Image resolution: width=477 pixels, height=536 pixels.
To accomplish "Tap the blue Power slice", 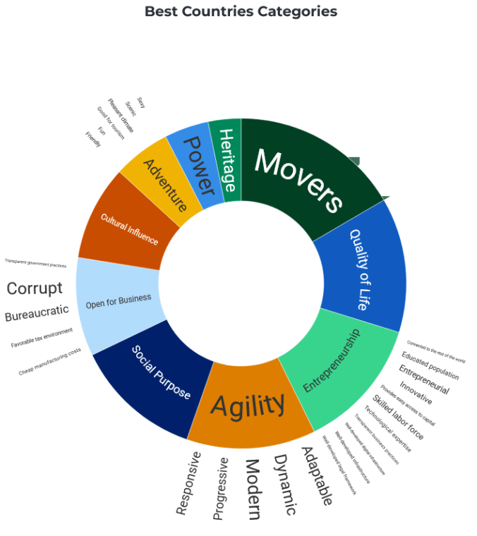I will tap(197, 165).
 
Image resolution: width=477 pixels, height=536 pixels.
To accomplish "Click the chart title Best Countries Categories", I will tap(241, 11).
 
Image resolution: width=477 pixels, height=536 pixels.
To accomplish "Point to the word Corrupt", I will tap(35, 288).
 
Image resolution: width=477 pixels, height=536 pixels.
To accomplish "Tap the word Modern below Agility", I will tap(253, 489).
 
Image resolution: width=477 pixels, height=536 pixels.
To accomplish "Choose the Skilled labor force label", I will tap(398, 419).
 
